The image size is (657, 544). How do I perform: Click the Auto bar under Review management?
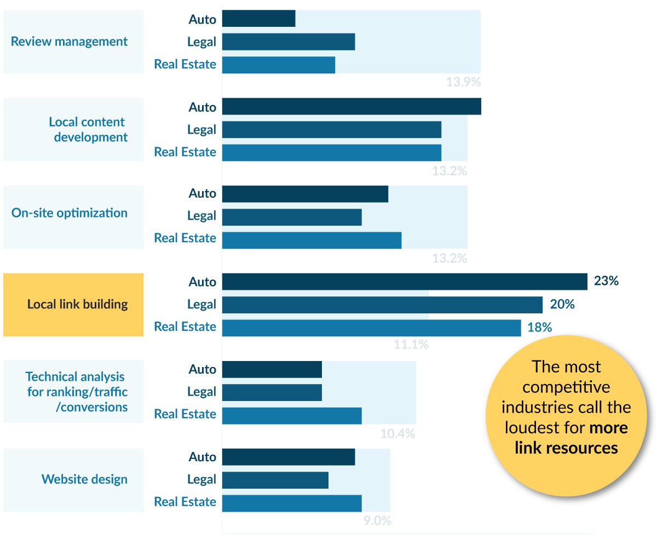point(258,19)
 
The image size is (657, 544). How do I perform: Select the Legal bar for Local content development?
point(331,130)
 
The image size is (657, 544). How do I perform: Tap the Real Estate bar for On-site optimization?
point(312,240)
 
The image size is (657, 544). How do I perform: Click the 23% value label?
point(606,282)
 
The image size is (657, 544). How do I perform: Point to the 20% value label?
point(562,304)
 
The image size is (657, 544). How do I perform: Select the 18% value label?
point(539,327)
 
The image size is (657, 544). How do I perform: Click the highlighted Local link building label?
point(77,304)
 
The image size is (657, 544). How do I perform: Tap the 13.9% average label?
point(463,83)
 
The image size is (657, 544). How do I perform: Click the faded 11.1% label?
point(411,345)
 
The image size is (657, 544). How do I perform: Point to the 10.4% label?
point(397,434)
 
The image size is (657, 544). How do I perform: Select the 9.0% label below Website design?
point(377,521)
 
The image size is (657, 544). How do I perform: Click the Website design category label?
point(84,479)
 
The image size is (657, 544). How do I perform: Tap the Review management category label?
point(69,42)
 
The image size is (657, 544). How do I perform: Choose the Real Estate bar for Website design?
point(292,503)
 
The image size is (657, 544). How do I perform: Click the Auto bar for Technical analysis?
point(272,369)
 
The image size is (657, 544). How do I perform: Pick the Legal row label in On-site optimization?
point(201,216)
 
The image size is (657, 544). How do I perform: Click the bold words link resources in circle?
point(566,448)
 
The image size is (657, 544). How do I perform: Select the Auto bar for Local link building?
point(404,282)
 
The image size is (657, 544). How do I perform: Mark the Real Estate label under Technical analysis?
point(185,414)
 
